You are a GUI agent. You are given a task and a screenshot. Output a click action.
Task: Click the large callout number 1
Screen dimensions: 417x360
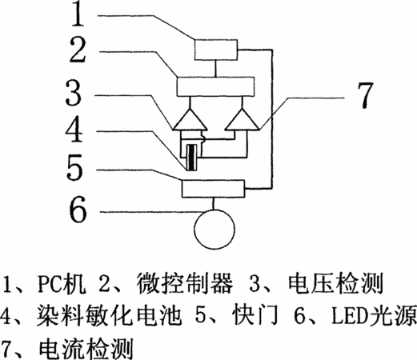point(78,13)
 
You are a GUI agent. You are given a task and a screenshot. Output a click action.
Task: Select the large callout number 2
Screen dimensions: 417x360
point(78,50)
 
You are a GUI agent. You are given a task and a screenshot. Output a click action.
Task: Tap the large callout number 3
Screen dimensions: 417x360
point(74,93)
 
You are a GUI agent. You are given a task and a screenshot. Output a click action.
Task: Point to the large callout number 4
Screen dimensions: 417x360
point(74,129)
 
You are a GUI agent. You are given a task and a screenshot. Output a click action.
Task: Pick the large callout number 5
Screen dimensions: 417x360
point(74,167)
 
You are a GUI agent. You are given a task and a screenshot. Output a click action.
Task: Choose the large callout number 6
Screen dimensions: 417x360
point(78,209)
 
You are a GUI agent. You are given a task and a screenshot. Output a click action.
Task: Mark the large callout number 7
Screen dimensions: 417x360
point(364,95)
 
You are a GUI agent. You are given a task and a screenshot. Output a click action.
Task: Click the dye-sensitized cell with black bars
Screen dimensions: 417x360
point(192,158)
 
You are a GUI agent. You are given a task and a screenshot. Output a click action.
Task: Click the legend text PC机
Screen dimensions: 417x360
point(62,283)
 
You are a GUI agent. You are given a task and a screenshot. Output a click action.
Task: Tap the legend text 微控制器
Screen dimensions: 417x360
point(184,283)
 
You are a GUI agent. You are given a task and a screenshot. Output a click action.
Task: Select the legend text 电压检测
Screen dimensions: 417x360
point(335,283)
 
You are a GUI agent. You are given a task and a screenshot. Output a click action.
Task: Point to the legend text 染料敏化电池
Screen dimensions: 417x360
point(108,316)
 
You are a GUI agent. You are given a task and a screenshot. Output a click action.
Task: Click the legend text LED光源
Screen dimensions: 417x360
point(374,316)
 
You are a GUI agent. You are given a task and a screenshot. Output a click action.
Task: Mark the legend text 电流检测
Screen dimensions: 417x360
point(86,349)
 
